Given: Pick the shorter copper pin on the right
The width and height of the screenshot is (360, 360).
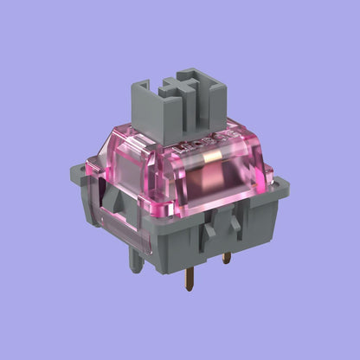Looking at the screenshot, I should tap(227, 258).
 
